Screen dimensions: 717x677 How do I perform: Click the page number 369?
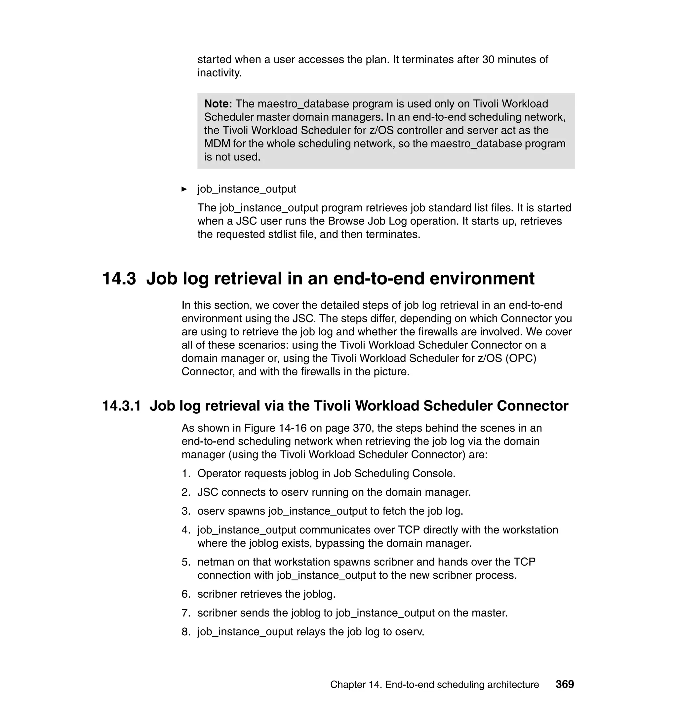click(565, 684)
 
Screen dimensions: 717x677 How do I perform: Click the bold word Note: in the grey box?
click(218, 104)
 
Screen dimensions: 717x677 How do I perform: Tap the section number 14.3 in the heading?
click(119, 278)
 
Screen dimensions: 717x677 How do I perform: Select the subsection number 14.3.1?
click(122, 406)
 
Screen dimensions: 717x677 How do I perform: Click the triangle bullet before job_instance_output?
click(184, 189)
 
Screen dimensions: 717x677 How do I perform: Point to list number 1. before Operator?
click(186, 473)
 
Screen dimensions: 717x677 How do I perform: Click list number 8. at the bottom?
click(186, 631)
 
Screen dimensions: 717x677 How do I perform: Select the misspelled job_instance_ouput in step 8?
click(245, 631)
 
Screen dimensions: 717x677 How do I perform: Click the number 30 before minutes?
click(488, 59)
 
